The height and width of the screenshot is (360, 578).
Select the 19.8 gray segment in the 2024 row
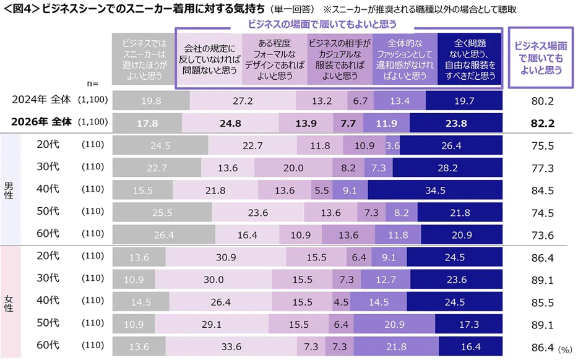151,100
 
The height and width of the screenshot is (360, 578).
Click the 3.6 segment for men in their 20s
392,146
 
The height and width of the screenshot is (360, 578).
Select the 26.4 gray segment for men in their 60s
165,235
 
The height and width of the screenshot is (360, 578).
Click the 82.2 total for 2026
537,122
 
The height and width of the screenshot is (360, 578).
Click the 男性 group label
9,191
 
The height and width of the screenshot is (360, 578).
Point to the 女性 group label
9,302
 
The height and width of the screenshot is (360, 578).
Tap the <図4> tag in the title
20,9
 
